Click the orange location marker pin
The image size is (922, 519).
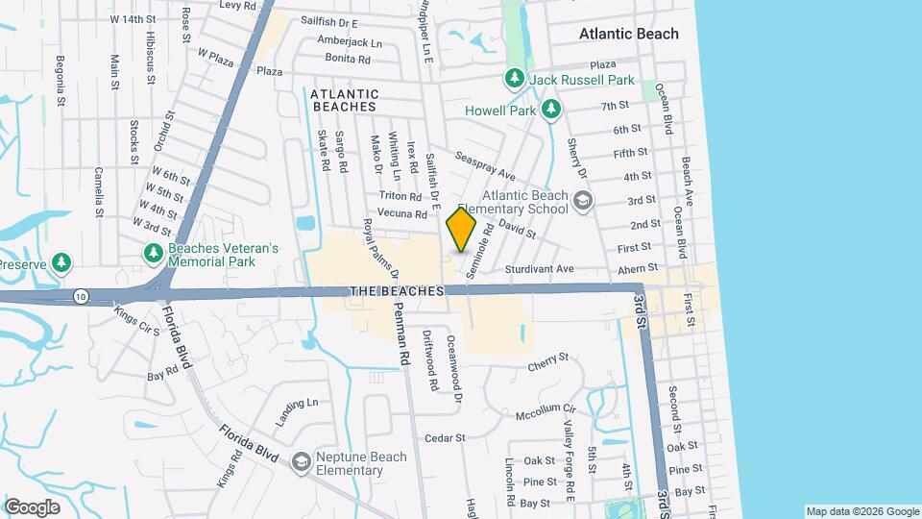pyautogui.click(x=462, y=230)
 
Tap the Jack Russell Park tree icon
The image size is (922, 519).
pyautogui.click(x=515, y=77)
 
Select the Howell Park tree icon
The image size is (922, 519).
pyautogui.click(x=551, y=111)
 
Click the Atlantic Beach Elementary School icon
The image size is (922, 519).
pyautogui.click(x=582, y=200)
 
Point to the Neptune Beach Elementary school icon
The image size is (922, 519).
pyautogui.click(x=301, y=462)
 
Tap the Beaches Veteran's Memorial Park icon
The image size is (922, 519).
pyautogui.click(x=153, y=254)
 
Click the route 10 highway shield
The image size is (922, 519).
pyautogui.click(x=79, y=297)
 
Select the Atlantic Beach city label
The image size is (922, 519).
pyautogui.click(x=628, y=34)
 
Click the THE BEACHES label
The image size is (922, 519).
pyautogui.click(x=397, y=290)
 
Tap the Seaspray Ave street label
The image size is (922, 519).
pyautogui.click(x=485, y=168)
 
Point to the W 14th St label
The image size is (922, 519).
pyautogui.click(x=133, y=18)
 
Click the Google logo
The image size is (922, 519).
pyautogui.click(x=32, y=507)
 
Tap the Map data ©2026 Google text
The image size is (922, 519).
pyautogui.click(x=861, y=511)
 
